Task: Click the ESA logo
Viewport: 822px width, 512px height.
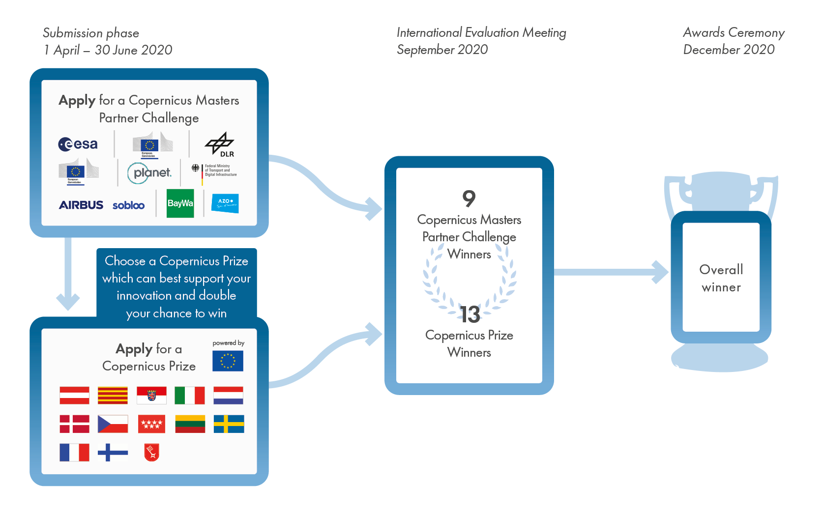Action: (x=78, y=144)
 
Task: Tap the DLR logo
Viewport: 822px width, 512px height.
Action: (x=220, y=144)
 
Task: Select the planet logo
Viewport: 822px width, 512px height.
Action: (x=149, y=173)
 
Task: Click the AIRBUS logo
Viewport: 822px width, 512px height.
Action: (x=81, y=205)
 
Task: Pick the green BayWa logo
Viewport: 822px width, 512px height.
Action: (x=180, y=203)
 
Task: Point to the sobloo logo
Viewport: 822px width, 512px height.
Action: (x=128, y=205)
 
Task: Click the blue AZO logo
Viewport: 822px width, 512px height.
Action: (x=225, y=203)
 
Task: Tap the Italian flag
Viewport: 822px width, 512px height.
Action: (x=190, y=395)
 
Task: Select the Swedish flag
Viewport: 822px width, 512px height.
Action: (x=229, y=424)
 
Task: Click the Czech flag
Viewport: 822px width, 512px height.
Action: (x=113, y=424)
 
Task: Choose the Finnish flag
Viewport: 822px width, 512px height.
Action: (x=113, y=452)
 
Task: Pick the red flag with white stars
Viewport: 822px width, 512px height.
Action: (x=151, y=424)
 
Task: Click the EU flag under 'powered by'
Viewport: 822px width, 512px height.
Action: (x=228, y=361)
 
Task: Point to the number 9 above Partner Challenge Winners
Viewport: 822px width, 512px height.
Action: (x=469, y=199)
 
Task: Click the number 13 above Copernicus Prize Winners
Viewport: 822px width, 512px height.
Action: (x=470, y=314)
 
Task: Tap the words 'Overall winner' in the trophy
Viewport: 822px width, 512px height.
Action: (x=721, y=278)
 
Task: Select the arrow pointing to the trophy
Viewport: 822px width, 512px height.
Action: (x=659, y=272)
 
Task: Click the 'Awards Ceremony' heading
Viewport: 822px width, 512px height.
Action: (x=734, y=32)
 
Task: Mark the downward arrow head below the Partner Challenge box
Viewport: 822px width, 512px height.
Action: (x=68, y=301)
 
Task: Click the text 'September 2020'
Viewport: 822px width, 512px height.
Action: (x=442, y=50)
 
